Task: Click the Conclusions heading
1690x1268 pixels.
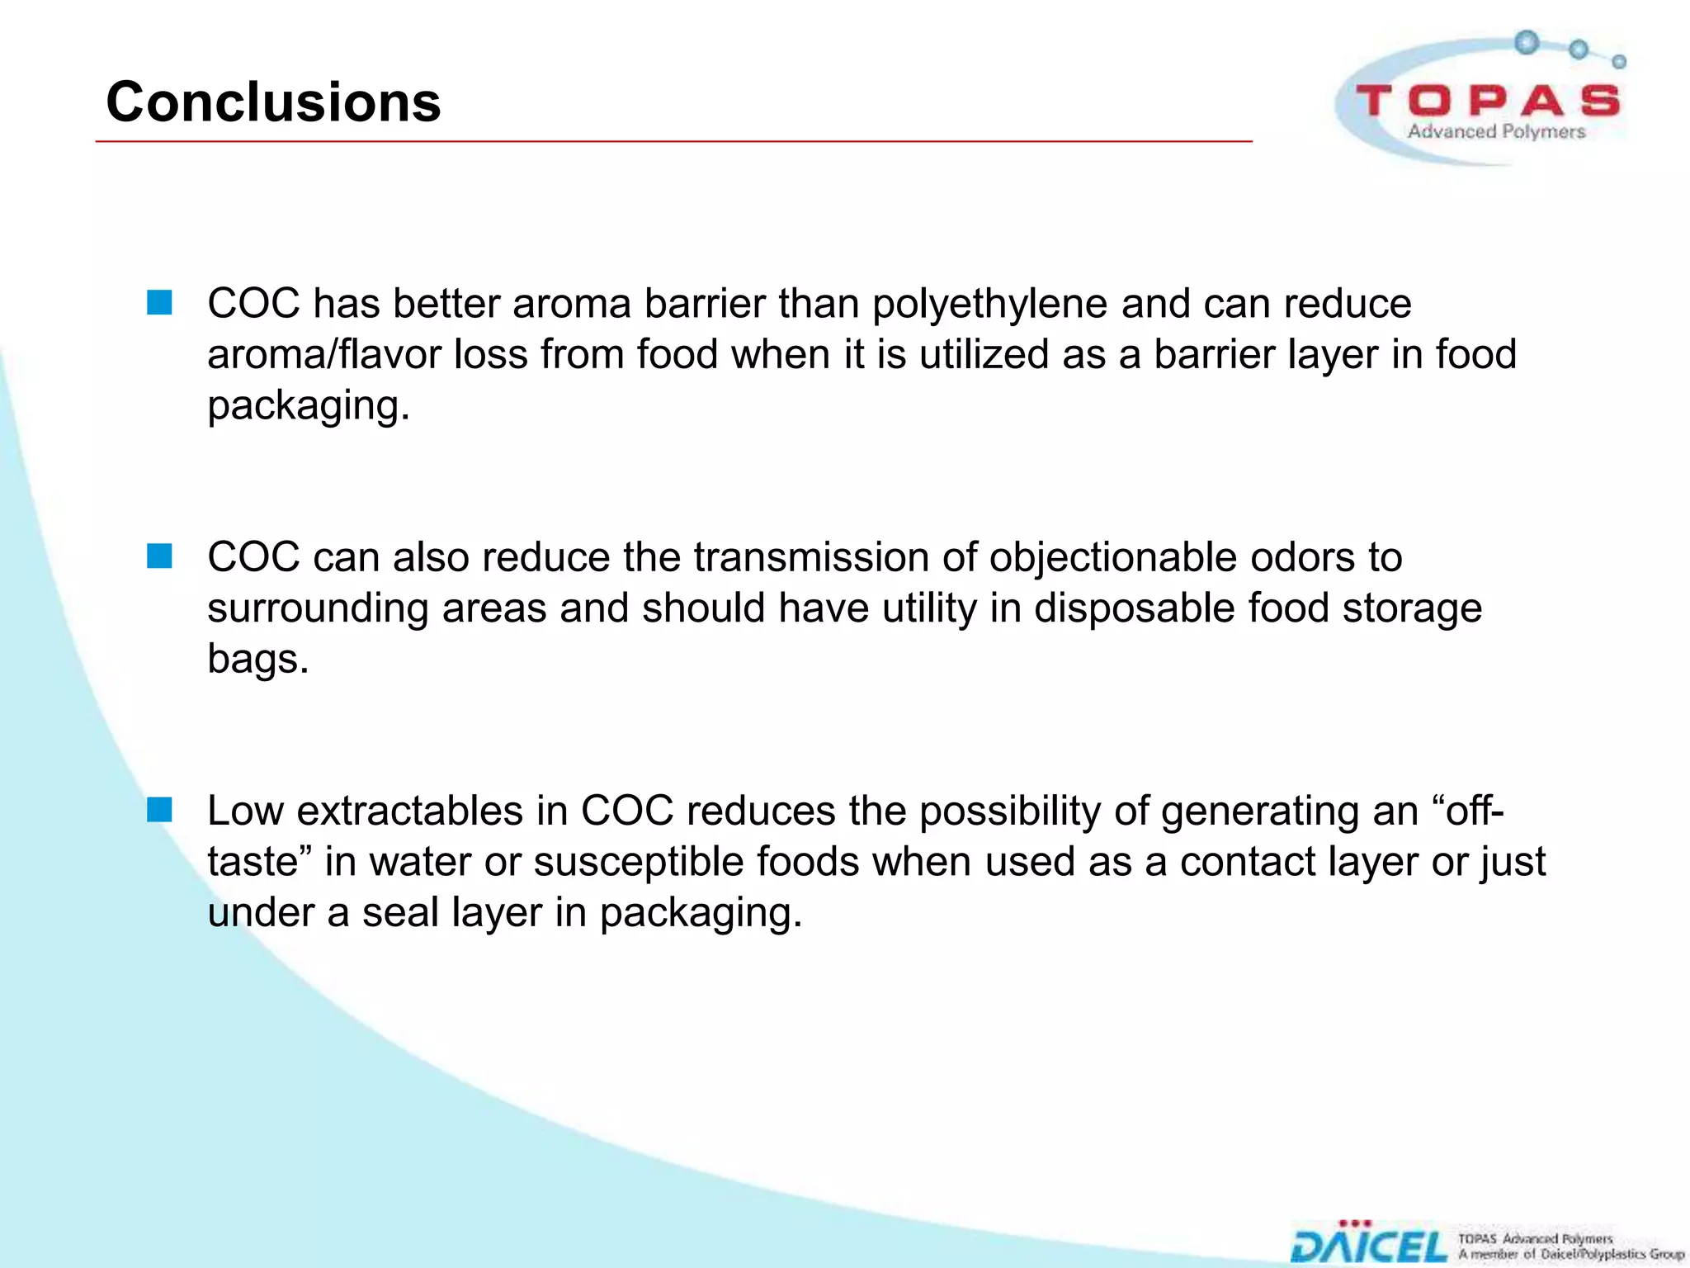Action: (273, 102)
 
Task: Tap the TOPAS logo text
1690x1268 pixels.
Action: (1487, 102)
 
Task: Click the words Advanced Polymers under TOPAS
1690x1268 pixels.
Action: (1496, 132)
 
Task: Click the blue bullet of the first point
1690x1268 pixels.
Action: (159, 303)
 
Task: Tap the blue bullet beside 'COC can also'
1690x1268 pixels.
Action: (159, 556)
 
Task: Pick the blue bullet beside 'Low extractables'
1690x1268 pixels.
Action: (159, 810)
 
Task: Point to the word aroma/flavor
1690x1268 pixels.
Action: (324, 355)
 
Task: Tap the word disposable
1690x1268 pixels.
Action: (1134, 608)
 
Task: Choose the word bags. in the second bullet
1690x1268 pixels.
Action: (257, 660)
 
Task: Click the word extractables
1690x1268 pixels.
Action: (409, 811)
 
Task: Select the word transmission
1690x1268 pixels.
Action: (811, 557)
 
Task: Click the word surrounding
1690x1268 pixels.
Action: (318, 608)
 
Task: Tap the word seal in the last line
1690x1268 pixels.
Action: (399, 913)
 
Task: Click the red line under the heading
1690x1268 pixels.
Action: (673, 142)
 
